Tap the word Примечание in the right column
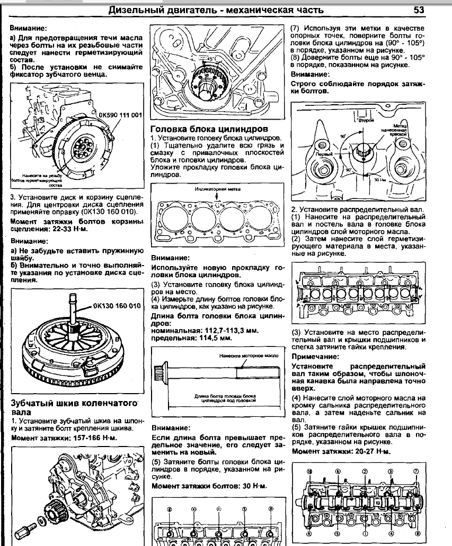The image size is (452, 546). [x=317, y=357]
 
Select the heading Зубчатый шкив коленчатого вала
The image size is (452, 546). [x=70, y=407]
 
